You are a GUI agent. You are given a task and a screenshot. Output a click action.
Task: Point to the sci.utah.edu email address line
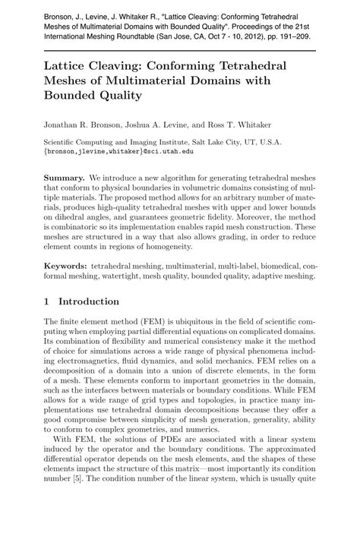click(x=118, y=151)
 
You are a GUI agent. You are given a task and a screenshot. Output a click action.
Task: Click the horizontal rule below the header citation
click(x=180, y=49)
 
